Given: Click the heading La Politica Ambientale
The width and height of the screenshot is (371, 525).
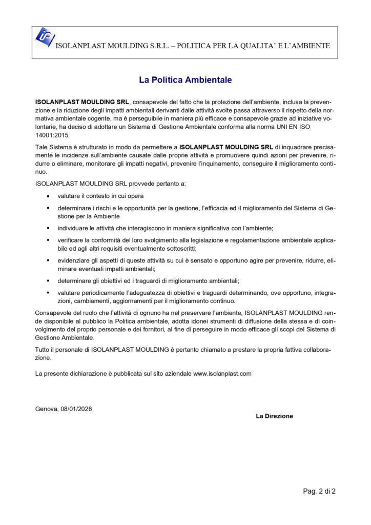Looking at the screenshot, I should click(x=186, y=80).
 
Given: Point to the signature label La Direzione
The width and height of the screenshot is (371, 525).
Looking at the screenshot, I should click(x=274, y=416).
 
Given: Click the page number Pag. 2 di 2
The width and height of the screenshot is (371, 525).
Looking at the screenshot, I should click(x=319, y=491).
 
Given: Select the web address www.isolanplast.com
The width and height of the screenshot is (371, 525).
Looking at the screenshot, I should click(x=222, y=374).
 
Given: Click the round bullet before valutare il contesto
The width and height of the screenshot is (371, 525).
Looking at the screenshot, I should click(x=48, y=196).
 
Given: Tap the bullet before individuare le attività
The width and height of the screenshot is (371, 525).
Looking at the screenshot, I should click(x=48, y=228).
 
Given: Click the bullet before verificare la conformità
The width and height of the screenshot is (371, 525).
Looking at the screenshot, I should click(x=48, y=239).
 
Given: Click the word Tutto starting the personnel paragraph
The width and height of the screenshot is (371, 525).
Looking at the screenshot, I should click(x=44, y=349).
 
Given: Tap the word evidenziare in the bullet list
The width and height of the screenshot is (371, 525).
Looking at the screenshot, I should click(x=72, y=260).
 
